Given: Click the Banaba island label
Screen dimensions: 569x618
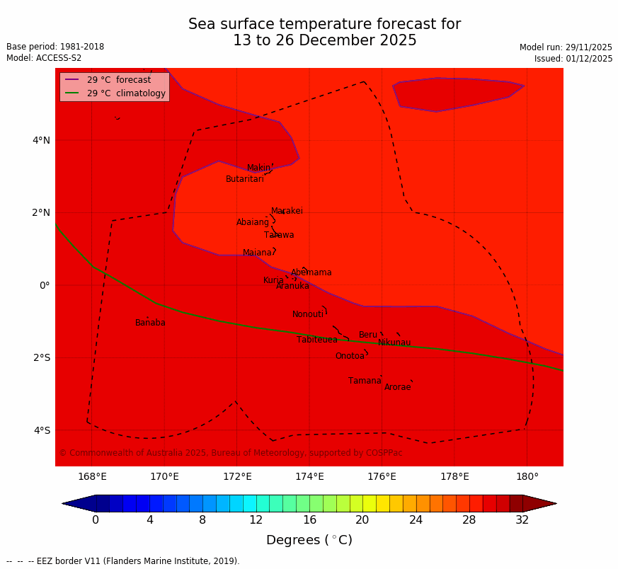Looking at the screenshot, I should pos(150,323).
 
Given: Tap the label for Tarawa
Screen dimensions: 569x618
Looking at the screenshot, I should pos(279,235).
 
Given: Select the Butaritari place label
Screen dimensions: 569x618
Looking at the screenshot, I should pos(244,179).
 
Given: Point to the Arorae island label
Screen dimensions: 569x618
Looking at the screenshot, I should pos(397,387).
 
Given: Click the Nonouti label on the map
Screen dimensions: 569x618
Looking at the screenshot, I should pos(307,314).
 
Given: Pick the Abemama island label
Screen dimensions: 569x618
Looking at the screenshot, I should pos(311,272).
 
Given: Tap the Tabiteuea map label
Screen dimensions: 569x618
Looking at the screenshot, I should pos(317,340).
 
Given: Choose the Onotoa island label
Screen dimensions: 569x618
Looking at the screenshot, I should pos(350,356).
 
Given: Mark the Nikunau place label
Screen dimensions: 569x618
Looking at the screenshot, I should pos(394,343).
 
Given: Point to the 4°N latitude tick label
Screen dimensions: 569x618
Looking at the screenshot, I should pos(41,140).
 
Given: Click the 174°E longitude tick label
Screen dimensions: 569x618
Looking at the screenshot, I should pos(309,476).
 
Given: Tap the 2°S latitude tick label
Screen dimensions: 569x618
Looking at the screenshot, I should pos(41,357).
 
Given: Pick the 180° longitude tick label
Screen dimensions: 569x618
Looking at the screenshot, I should pos(527,476).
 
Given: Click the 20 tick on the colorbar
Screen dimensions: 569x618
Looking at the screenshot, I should pos(362,520).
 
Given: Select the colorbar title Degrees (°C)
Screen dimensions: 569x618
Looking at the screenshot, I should pos(309,540).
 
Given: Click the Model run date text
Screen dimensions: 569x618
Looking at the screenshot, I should pos(566,47).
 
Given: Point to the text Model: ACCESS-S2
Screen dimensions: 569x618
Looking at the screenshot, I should pos(44,58).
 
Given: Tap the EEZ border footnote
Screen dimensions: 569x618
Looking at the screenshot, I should pos(123,561).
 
